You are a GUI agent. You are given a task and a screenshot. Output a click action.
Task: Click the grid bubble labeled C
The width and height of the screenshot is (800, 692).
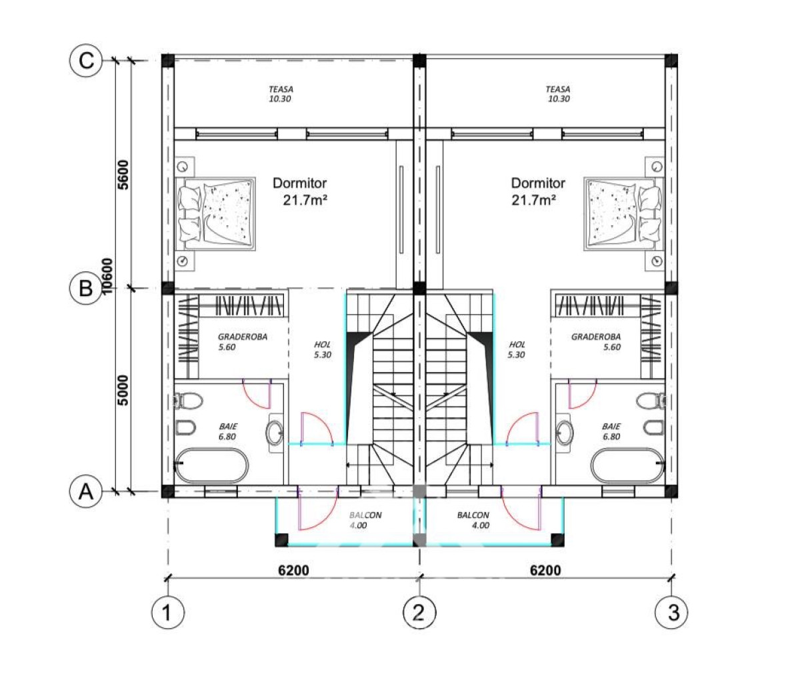click(x=86, y=61)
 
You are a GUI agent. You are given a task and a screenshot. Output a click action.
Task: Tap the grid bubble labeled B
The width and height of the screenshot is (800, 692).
click(x=86, y=288)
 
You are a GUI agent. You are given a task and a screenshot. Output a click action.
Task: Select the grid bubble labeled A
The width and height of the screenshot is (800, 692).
click(x=86, y=492)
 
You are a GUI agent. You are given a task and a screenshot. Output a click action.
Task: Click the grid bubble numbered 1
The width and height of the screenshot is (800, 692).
click(x=167, y=612)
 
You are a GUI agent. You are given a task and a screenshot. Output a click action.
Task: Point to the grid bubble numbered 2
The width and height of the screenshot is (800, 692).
click(x=419, y=612)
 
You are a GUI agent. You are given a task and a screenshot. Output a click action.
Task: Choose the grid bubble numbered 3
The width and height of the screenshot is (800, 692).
click(x=671, y=612)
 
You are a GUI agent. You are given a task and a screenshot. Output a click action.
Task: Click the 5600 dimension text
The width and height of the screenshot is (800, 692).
click(x=123, y=175)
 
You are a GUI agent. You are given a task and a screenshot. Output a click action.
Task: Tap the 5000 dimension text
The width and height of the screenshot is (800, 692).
click(x=123, y=390)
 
